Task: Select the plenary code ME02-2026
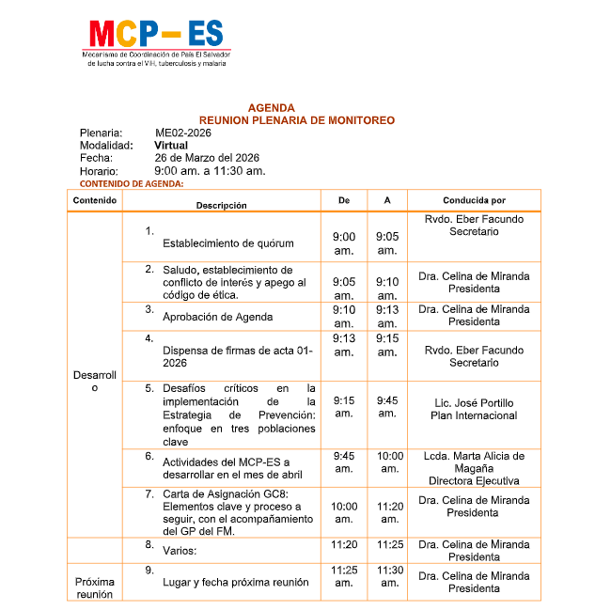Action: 183,133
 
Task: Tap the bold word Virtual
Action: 171,146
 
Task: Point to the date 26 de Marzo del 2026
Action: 207,158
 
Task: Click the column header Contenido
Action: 94,201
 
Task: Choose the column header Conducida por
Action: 474,201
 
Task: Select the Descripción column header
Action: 221,204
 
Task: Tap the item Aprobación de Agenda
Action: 217,317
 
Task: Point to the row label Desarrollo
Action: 94,382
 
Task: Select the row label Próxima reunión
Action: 94,587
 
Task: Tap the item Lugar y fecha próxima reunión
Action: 235,582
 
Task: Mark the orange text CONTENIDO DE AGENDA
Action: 132,183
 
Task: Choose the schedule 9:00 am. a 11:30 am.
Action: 210,171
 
